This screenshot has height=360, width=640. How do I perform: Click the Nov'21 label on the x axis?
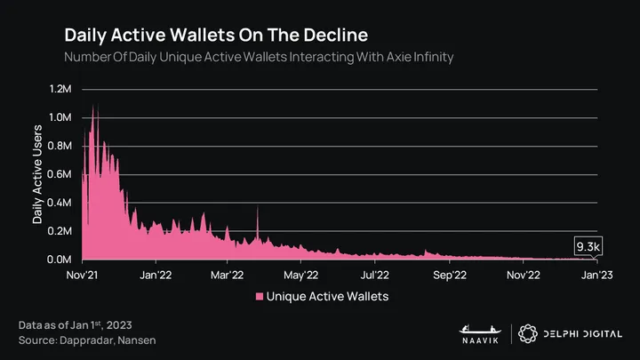click(83, 275)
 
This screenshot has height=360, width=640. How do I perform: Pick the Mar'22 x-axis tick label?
click(229, 275)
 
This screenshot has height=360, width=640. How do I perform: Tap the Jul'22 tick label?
click(375, 275)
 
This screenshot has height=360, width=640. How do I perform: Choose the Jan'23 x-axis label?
click(596, 275)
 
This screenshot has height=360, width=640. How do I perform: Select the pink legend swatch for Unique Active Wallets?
click(260, 295)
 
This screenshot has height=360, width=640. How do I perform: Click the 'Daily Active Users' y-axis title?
click(37, 174)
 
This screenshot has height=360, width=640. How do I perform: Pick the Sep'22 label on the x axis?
click(449, 275)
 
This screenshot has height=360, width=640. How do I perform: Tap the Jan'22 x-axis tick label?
click(156, 275)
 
